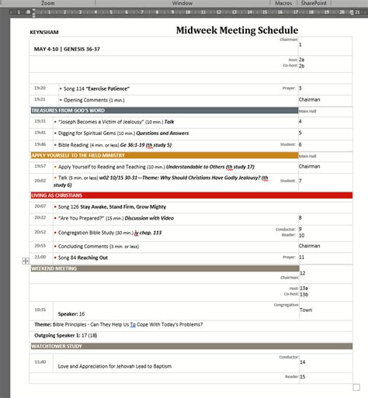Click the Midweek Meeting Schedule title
[x=237, y=30]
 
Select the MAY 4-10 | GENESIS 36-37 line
[x=67, y=49]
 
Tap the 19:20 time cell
[x=40, y=88]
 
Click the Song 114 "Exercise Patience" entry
[x=96, y=88]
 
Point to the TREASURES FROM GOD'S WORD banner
[x=72, y=111]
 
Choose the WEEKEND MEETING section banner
[x=55, y=268]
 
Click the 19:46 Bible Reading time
[x=40, y=144]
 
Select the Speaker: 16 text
[x=71, y=313]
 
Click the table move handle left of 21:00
[x=26, y=261]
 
